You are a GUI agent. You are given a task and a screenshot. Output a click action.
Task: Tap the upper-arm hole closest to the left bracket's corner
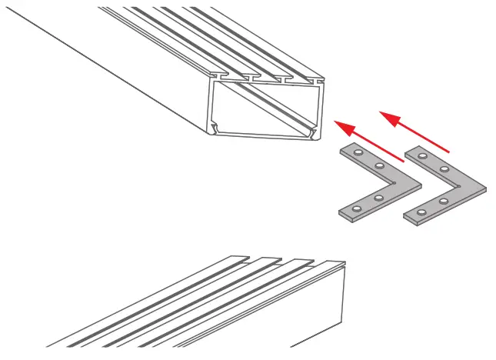378,166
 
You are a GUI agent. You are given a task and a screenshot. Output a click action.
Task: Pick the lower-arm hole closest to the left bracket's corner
379,197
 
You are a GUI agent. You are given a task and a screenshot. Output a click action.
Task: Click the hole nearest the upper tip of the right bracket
422,155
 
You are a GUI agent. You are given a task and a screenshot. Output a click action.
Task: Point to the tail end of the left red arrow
404,162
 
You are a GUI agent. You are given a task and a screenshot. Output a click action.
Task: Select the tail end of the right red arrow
451,150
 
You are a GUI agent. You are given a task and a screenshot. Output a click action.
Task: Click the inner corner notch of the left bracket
394,183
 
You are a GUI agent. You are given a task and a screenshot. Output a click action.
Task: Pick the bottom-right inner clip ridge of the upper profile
311,134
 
